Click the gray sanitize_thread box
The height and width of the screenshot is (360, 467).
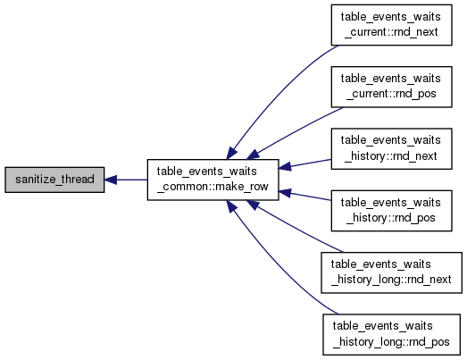tap(54, 180)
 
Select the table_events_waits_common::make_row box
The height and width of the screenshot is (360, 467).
tap(213, 180)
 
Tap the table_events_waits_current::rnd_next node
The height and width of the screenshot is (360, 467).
tap(392, 25)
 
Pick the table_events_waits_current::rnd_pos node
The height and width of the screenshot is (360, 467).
tap(392, 87)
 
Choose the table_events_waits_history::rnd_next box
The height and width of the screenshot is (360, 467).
tap(392, 149)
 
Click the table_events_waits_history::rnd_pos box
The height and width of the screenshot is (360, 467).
tap(392, 211)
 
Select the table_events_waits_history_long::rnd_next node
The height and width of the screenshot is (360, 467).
tap(392, 272)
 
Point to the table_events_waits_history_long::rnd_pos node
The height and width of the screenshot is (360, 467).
tap(392, 334)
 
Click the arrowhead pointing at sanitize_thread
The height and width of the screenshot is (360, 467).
tap(110, 180)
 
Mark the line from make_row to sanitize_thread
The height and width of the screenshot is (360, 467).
tap(126, 180)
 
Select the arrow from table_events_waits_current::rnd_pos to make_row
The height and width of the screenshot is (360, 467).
tap(295, 131)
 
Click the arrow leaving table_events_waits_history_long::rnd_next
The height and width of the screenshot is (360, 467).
tap(295, 228)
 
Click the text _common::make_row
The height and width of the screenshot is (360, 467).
tap(213, 187)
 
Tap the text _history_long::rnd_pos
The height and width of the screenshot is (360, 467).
tap(391, 342)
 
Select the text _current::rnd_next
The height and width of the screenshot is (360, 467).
tap(391, 32)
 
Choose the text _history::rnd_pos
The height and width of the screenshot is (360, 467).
tap(391, 218)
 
